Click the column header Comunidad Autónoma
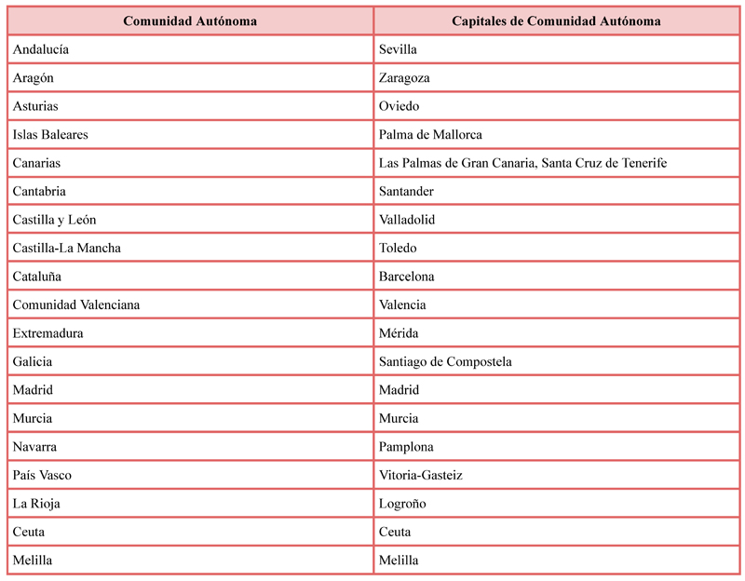(190, 20)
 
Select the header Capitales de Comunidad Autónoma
(557, 20)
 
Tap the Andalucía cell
(41, 49)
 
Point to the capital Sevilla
(398, 49)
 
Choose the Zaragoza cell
(404, 78)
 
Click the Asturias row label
(35, 106)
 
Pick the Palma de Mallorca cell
(430, 135)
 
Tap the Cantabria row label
(39, 192)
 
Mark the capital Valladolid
(407, 220)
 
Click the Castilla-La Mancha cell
(67, 249)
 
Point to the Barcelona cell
(406, 277)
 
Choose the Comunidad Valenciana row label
(76, 305)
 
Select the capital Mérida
(399, 333)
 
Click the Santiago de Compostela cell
(445, 362)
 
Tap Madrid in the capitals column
(399, 390)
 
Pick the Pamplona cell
(406, 447)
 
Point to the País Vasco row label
(42, 476)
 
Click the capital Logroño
(402, 504)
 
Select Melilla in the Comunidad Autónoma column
(33, 561)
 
